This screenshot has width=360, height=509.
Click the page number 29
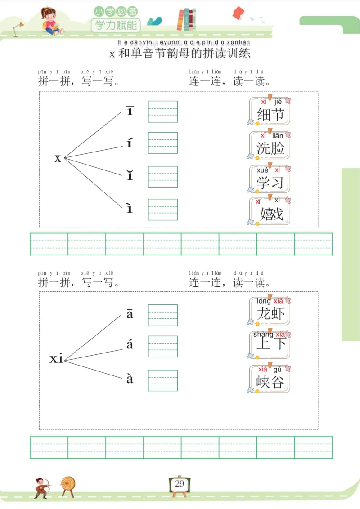(x=180, y=484)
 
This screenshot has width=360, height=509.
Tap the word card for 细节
(x=270, y=112)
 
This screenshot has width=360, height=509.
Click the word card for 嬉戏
(x=270, y=211)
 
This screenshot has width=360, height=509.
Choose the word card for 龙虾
(x=270, y=311)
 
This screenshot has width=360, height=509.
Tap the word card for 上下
(x=270, y=344)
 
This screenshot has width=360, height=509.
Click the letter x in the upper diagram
(x=58, y=158)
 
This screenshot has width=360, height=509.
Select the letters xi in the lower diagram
(x=56, y=359)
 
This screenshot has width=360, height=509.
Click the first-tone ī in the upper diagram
(x=130, y=111)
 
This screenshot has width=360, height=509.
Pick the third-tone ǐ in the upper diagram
(x=130, y=175)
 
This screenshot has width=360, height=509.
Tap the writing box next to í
(x=163, y=143)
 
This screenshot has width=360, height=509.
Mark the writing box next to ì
(x=163, y=210)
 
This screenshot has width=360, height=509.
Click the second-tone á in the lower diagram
(x=130, y=345)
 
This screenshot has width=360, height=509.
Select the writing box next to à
(x=163, y=380)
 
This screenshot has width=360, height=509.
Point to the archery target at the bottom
(x=68, y=485)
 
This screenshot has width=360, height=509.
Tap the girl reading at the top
(x=51, y=21)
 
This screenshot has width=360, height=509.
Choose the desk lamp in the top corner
(x=18, y=28)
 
